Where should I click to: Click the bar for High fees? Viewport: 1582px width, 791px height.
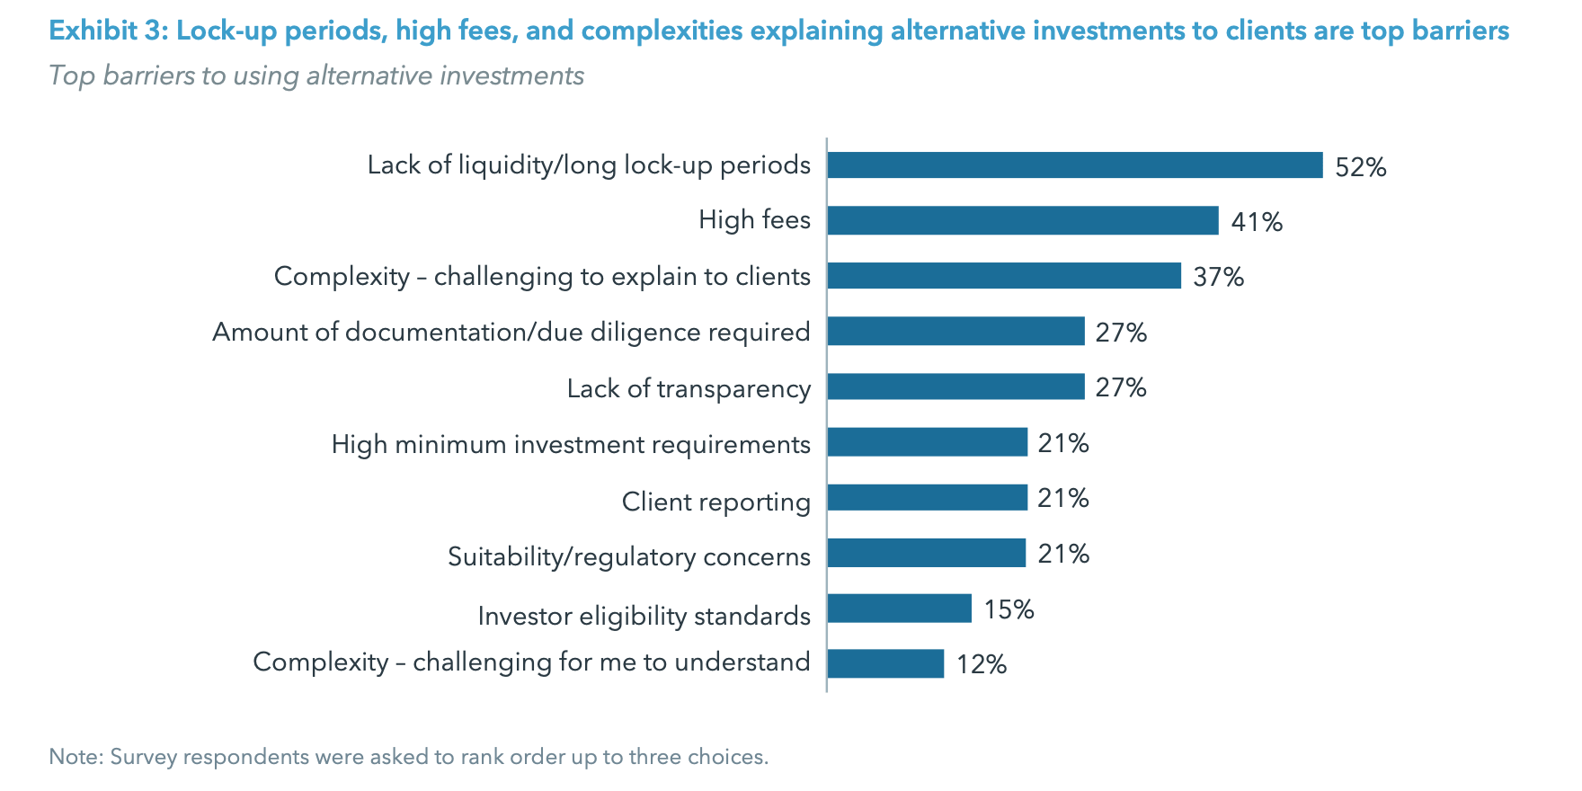point(1023,220)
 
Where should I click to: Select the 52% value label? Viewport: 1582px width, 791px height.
point(1360,167)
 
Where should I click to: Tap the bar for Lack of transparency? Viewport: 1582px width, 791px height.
point(955,387)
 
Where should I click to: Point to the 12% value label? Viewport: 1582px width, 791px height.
point(981,664)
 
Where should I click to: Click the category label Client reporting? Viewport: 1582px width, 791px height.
point(715,501)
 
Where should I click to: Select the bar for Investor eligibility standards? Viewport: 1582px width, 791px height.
point(899,609)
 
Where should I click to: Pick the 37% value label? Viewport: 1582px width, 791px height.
point(1218,277)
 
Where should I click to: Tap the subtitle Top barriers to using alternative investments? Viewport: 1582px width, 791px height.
point(316,76)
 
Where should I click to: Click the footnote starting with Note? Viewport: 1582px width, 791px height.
point(408,757)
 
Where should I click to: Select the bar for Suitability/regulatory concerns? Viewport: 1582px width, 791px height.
point(926,553)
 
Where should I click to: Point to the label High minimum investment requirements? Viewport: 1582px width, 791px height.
point(571,444)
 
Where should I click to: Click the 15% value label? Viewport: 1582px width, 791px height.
point(1009,609)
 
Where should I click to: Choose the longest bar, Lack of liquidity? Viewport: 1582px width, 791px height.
point(1075,165)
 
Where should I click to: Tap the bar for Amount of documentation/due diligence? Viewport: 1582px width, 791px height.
point(955,332)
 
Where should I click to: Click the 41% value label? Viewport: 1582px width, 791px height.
point(1256,222)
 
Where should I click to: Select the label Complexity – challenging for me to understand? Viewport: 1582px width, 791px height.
point(531,662)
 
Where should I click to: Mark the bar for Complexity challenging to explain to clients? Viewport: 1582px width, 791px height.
point(1004,276)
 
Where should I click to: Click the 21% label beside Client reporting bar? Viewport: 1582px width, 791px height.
point(1062,498)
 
